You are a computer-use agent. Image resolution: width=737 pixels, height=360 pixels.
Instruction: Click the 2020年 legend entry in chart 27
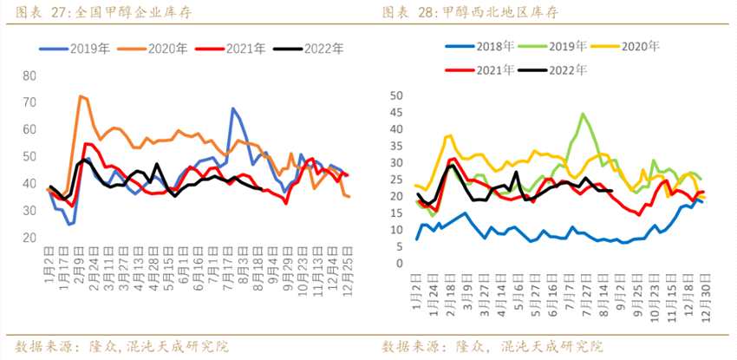coord(160,49)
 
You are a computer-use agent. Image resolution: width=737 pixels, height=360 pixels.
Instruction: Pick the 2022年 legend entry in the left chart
coord(314,49)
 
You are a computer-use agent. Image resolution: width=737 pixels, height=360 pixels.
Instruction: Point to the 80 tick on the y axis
coord(29,76)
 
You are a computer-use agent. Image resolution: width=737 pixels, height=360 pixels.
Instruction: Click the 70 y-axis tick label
coord(29,103)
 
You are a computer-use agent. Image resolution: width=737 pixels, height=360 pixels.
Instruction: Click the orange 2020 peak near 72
coord(81,96)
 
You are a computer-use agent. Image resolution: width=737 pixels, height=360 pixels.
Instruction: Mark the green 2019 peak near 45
coord(583,114)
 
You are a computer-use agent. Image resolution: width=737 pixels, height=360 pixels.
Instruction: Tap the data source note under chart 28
coord(491,346)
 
